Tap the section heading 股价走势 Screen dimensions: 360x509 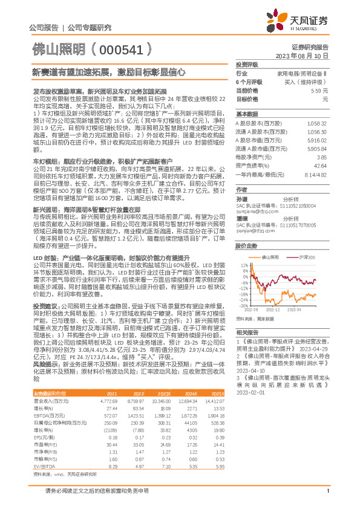pyautogui.click(x=247, y=230)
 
